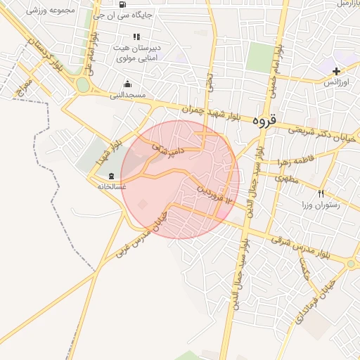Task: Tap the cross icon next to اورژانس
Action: pyautogui.click(x=336, y=71)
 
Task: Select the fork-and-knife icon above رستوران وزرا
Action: pyautogui.click(x=321, y=193)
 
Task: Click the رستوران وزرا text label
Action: pyautogui.click(x=321, y=205)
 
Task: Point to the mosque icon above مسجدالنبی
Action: pyautogui.click(x=127, y=84)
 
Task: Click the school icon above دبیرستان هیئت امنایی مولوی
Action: pyautogui.click(x=136, y=37)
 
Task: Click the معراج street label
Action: pyautogui.click(x=26, y=89)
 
